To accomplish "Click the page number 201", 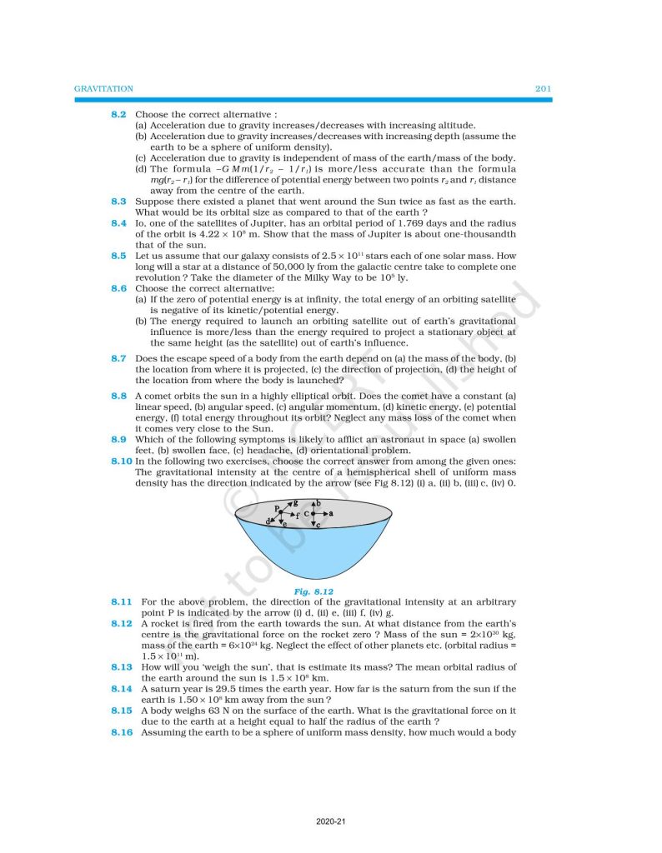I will point(542,88).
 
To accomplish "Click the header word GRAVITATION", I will point(103,88).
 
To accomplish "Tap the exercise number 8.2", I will point(118,113).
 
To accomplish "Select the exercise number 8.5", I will point(118,256).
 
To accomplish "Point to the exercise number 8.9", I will point(118,439).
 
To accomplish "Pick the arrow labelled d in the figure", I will point(273,519).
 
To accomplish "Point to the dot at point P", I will point(280,511).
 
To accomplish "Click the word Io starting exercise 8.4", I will point(140,224).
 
